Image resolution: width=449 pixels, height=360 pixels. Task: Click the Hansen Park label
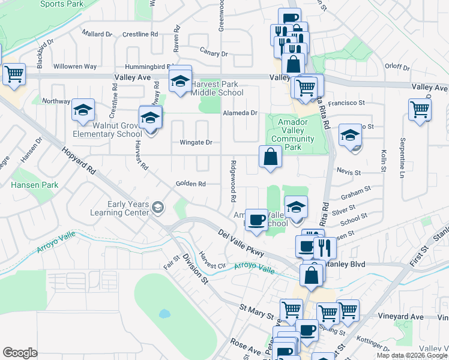tap(35, 185)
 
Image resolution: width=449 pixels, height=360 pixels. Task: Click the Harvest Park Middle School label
tap(217, 88)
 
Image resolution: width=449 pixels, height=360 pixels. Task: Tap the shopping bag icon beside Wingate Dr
tap(271, 157)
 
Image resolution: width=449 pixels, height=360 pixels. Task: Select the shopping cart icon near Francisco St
tap(420, 109)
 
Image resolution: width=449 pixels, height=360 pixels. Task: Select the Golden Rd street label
tap(190, 184)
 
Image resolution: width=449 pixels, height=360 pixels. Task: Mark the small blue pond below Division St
tap(164, 313)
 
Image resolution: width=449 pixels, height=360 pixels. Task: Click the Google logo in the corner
tap(20, 353)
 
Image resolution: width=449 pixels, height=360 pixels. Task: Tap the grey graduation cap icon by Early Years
tap(157, 208)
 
